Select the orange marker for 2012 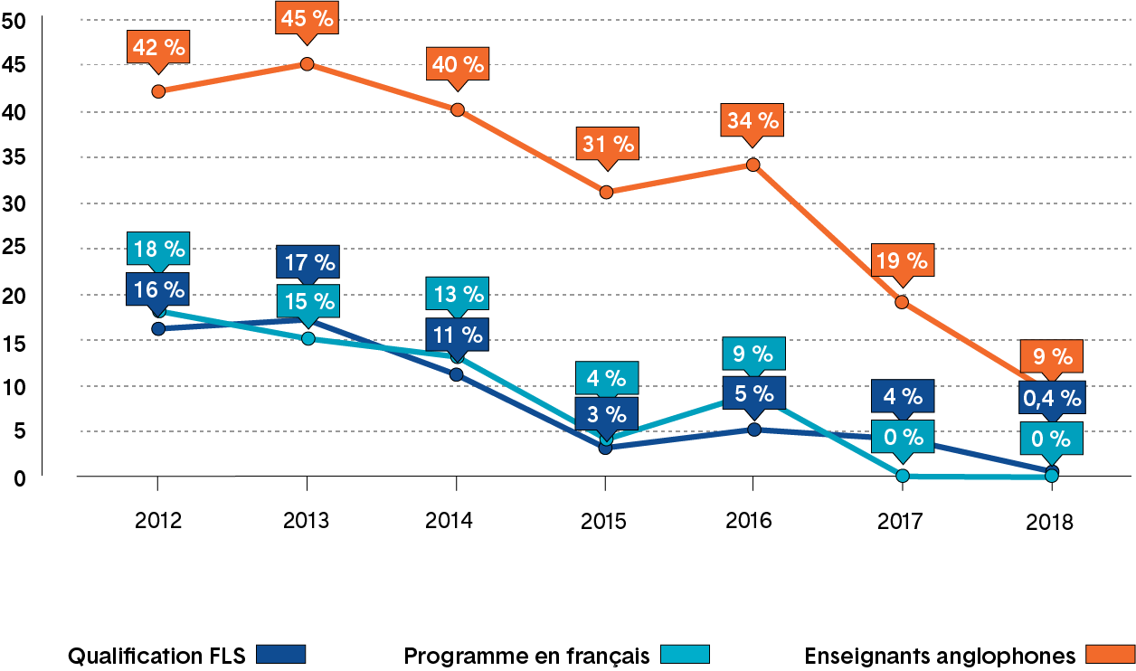[158, 91]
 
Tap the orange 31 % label [606, 145]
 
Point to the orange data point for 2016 [753, 165]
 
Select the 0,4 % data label [1051, 397]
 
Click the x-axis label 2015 [605, 521]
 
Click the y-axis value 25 [15, 249]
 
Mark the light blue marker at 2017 [902, 476]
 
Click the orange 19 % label [901, 261]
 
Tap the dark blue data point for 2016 [753, 430]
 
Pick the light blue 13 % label [459, 294]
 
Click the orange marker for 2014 [458, 110]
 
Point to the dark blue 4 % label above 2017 [901, 397]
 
